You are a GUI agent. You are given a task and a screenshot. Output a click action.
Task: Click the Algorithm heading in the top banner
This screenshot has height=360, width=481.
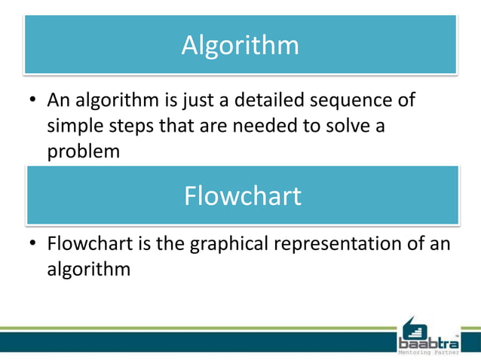[240, 45]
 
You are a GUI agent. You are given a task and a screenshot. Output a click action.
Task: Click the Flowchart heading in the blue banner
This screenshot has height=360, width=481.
[242, 196]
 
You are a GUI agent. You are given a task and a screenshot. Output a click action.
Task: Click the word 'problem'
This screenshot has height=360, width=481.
[84, 151]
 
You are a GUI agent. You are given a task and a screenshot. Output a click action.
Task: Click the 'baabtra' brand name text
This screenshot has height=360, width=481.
[427, 343]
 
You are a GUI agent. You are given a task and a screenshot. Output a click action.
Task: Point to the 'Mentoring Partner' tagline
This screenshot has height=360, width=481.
[427, 352]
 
